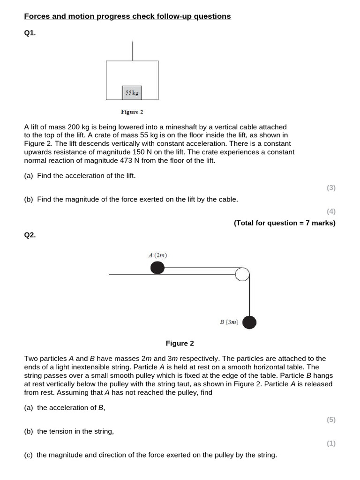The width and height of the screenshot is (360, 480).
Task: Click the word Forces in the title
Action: (36, 16)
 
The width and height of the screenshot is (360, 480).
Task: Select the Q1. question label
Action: (30, 34)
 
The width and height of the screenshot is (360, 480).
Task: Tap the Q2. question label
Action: (30, 235)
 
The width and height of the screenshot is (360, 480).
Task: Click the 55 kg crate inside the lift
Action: (132, 93)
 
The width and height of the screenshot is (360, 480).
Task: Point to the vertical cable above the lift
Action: (132, 51)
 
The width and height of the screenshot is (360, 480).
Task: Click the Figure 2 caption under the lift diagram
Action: (132, 112)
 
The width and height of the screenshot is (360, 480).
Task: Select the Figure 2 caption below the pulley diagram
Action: (180, 343)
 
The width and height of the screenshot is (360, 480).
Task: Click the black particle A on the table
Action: (157, 268)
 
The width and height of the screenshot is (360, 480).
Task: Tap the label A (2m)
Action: (157, 255)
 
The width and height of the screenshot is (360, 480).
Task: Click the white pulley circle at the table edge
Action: (242, 274)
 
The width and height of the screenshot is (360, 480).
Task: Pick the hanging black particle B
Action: (249, 322)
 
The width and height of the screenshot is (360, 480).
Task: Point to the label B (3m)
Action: (229, 322)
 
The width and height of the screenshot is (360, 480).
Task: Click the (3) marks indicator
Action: (331, 187)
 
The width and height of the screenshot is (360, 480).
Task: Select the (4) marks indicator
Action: (331, 211)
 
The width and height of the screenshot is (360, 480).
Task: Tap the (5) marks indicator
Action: (331, 420)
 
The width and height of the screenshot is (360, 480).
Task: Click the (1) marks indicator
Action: (331, 443)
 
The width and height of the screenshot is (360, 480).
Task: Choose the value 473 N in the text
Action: (119, 161)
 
